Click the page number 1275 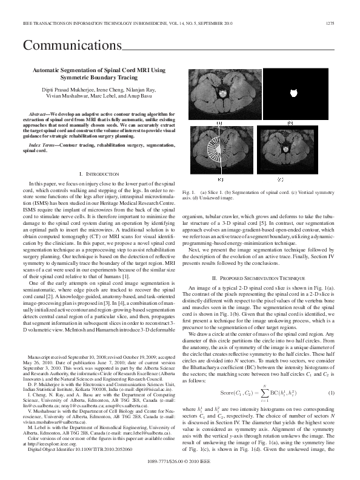(x=330, y=24)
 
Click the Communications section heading (x=72, y=46)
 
